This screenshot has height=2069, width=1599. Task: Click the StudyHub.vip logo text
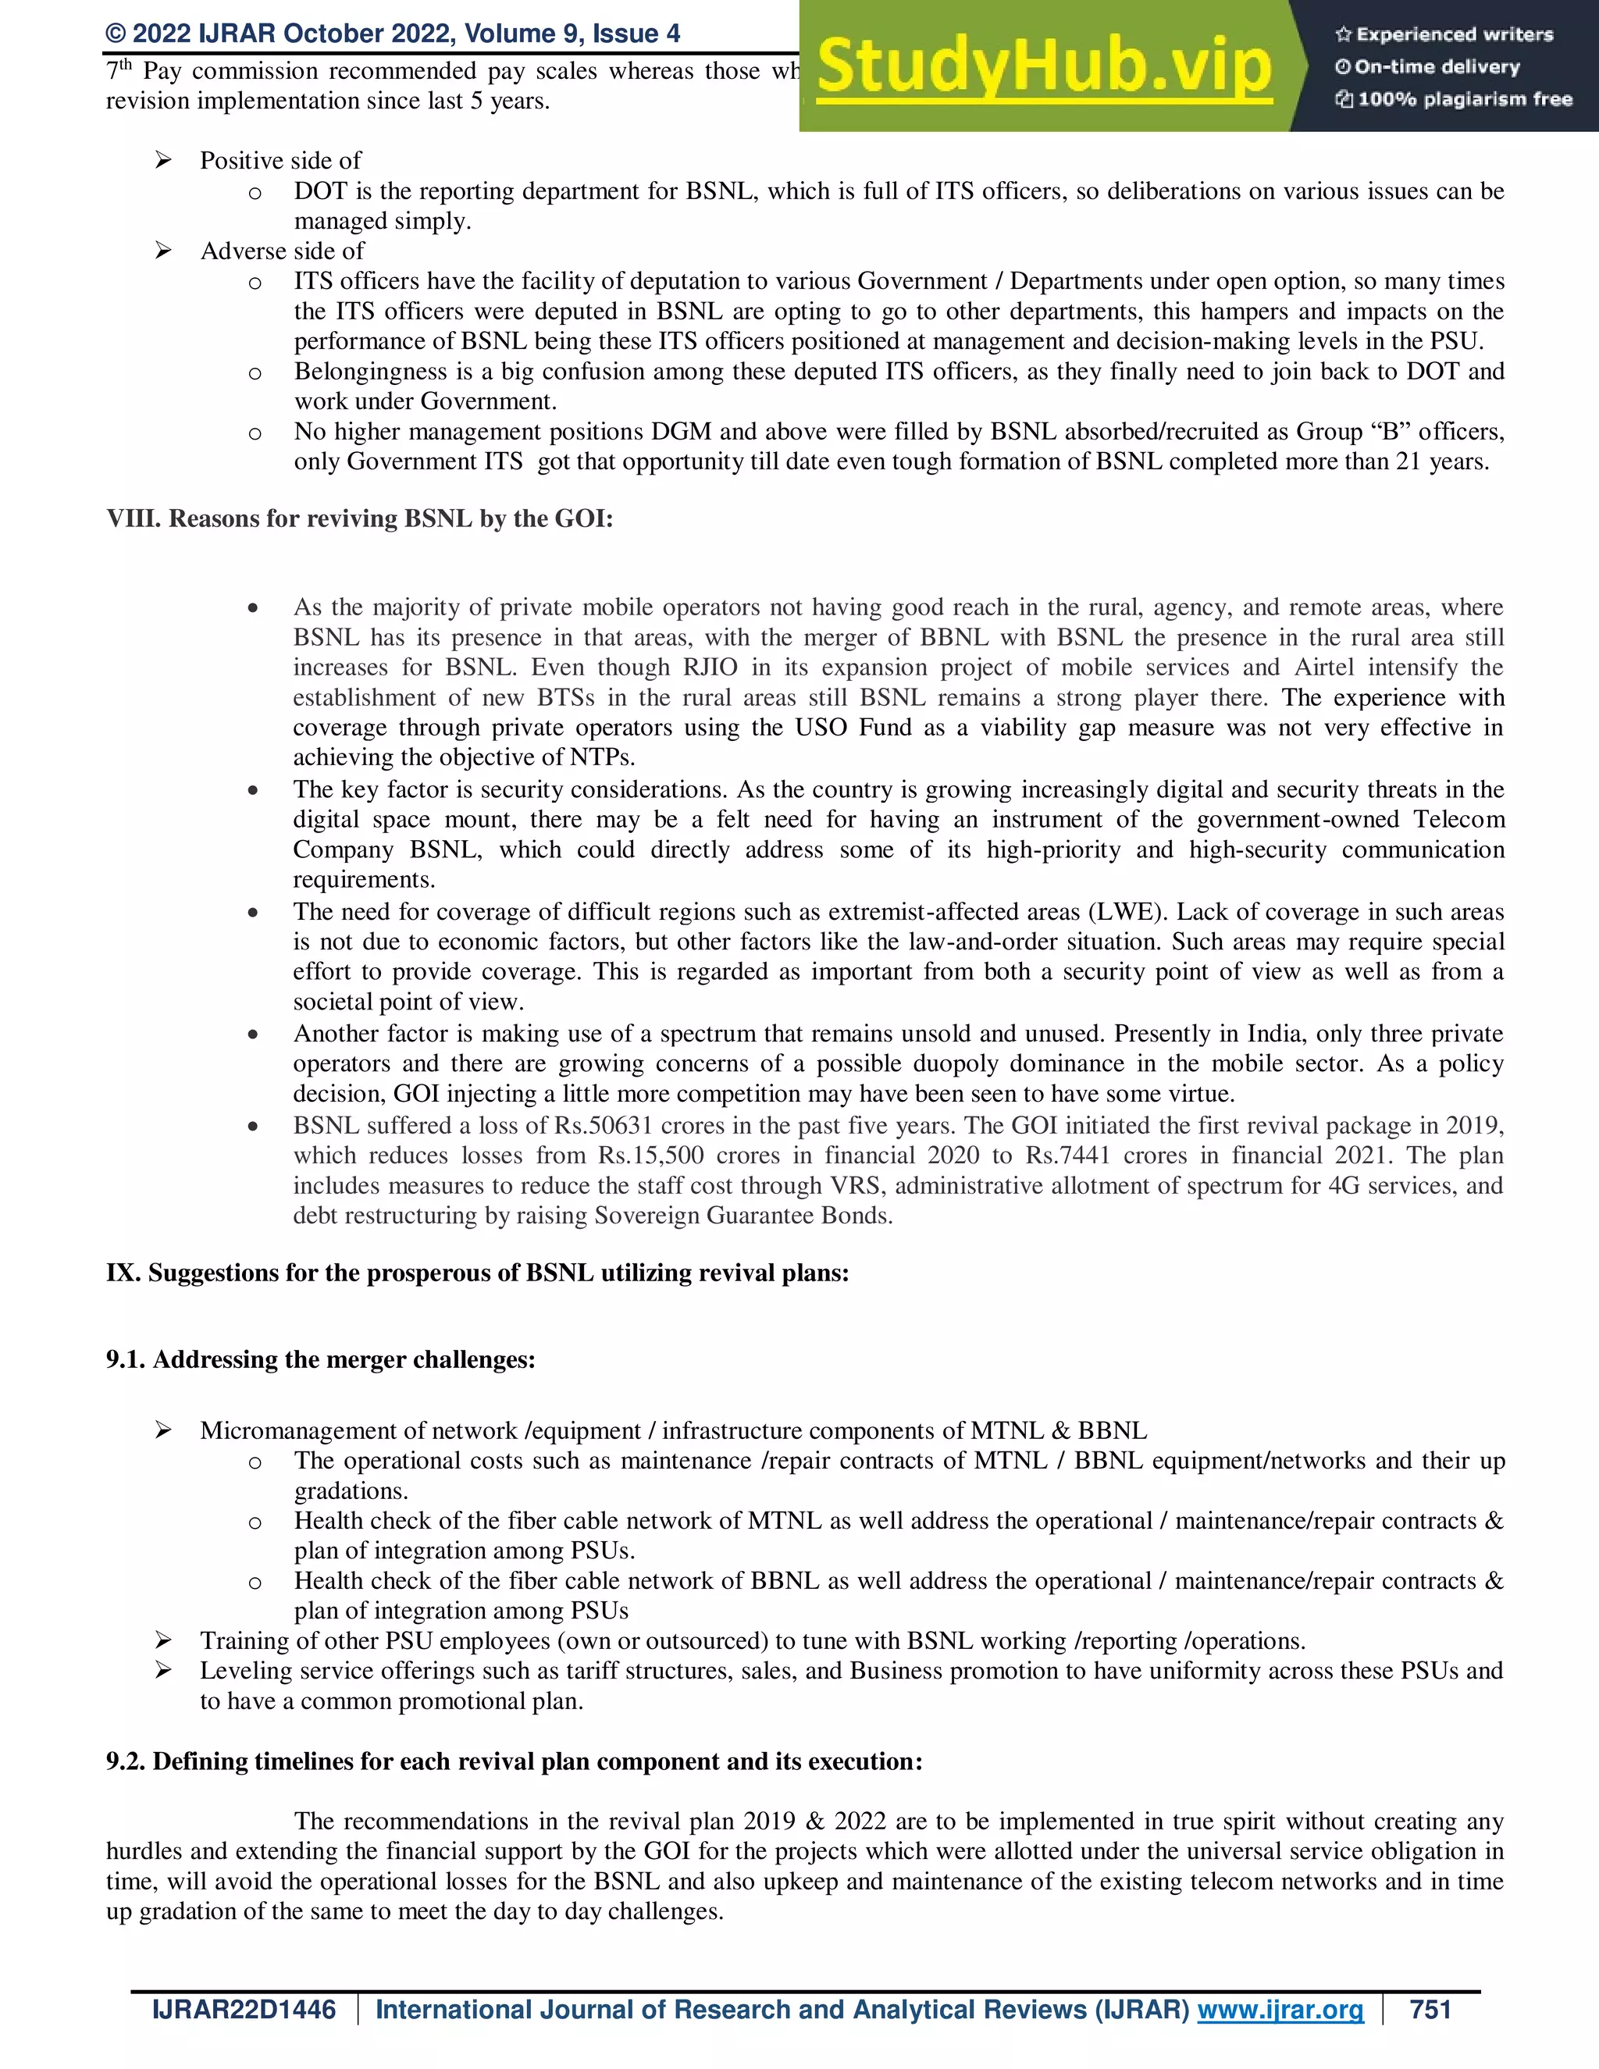[x=1043, y=67]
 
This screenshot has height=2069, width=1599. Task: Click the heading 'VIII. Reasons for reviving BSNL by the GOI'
[x=360, y=518]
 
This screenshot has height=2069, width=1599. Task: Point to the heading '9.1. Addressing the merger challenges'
[x=320, y=1359]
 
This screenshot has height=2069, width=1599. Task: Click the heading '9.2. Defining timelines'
[x=514, y=1761]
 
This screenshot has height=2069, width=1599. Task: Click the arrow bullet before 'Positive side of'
[x=163, y=161]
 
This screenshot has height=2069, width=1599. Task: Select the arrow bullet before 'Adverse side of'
[x=163, y=251]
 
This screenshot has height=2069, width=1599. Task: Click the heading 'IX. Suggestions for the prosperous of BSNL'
[x=477, y=1273]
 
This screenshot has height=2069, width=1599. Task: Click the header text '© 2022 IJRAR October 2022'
[x=392, y=34]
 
